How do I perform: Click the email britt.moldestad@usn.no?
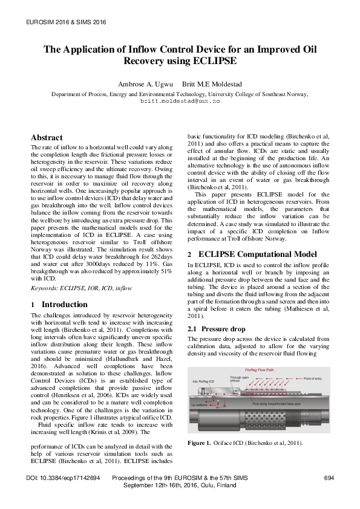pyautogui.click(x=180, y=101)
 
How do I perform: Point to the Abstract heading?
pyautogui.click(x=47, y=138)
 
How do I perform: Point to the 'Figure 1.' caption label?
pyautogui.click(x=200, y=443)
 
